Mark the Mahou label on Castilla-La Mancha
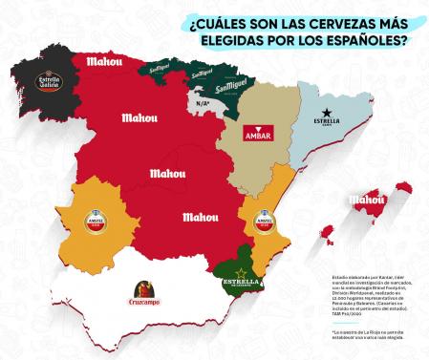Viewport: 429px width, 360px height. point(200,217)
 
